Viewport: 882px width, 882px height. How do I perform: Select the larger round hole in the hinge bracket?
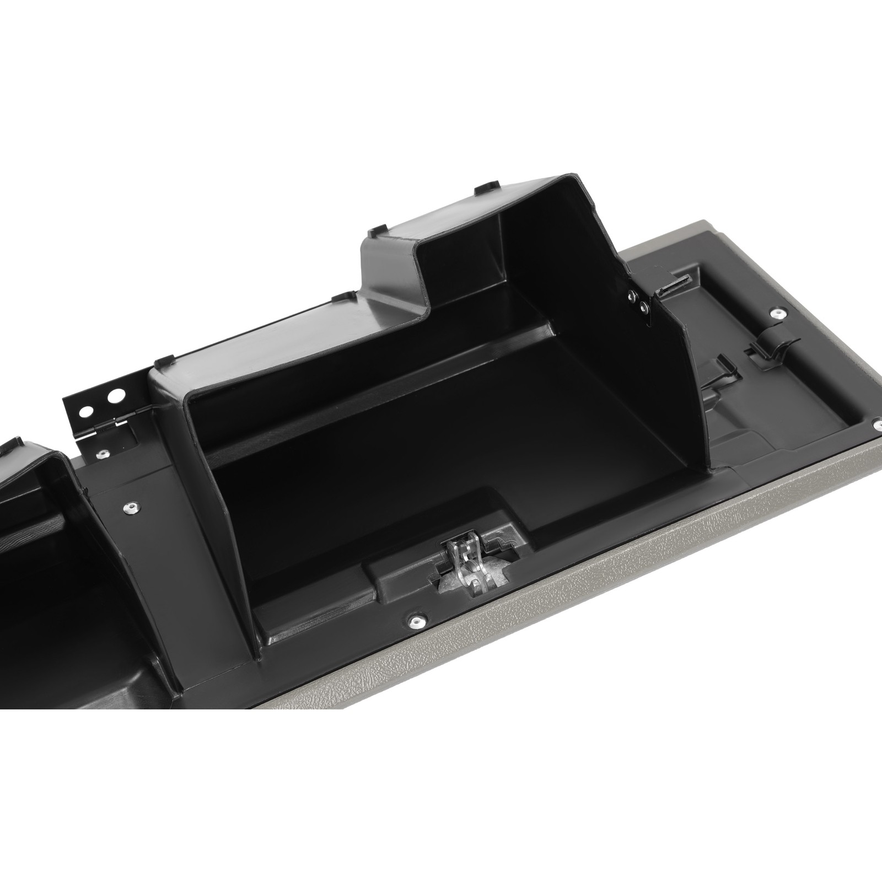[115, 396]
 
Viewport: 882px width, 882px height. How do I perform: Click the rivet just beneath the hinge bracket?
[102, 455]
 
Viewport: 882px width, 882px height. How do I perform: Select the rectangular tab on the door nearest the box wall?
[723, 368]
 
